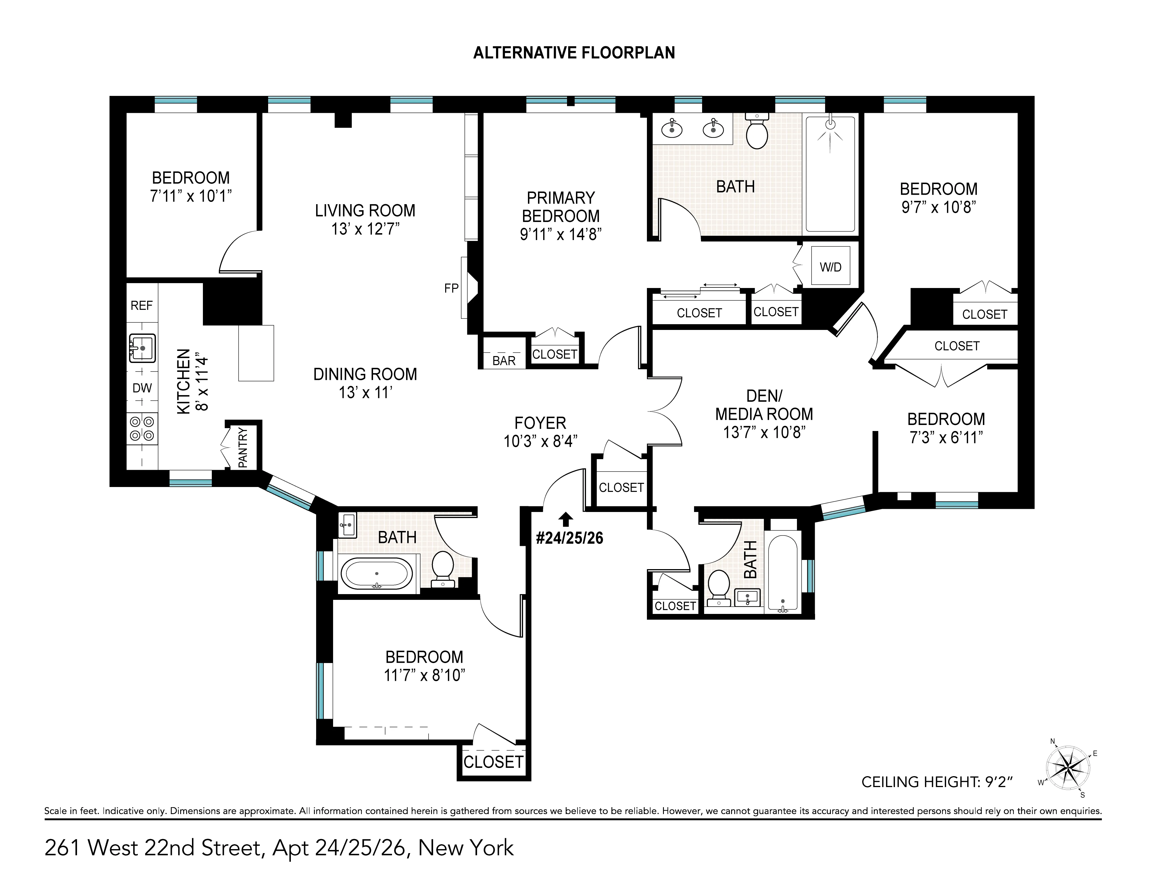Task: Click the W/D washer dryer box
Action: (830, 266)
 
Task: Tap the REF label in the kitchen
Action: (141, 306)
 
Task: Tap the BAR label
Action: (504, 361)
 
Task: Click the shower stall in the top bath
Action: (830, 173)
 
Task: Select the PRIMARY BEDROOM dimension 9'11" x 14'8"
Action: (561, 234)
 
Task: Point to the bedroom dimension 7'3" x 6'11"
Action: (946, 437)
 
